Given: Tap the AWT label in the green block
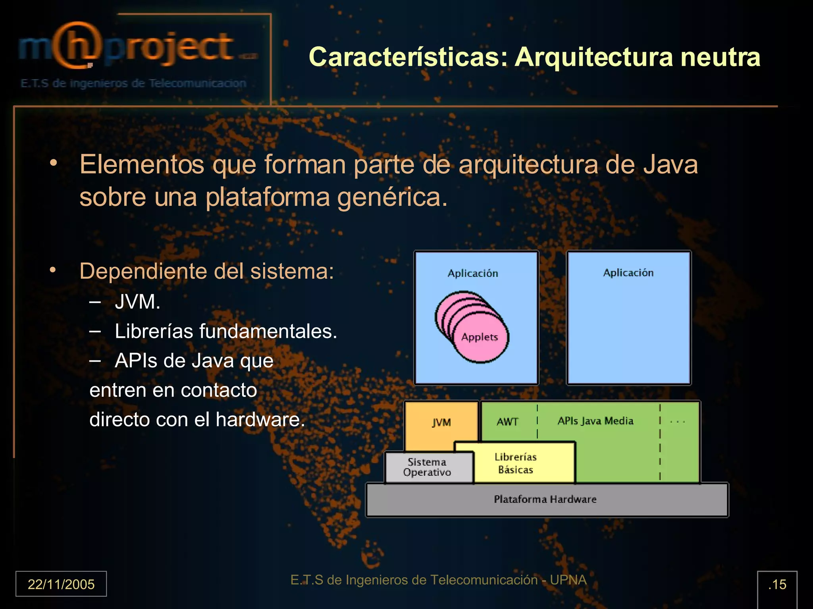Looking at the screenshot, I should tap(507, 422).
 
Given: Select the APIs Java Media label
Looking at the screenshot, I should tap(595, 421).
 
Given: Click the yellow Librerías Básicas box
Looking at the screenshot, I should tap(515, 463).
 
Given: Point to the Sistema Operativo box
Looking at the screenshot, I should tap(427, 467).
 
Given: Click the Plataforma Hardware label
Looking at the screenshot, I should tap(545, 499).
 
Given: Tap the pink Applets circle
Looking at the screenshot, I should tap(480, 337).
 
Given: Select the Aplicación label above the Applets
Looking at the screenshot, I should tap(473, 274).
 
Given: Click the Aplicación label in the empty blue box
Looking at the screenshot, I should tap(628, 273).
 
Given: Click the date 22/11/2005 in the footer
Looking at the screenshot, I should tap(61, 584).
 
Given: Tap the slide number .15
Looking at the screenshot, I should tap(777, 584).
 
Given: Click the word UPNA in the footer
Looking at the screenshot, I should tap(568, 580).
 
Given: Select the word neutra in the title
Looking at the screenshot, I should tap(720, 57).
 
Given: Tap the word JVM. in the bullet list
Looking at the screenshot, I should tap(137, 302).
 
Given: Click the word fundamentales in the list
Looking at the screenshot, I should tap(268, 331).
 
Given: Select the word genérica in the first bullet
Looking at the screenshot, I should tap(392, 197).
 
